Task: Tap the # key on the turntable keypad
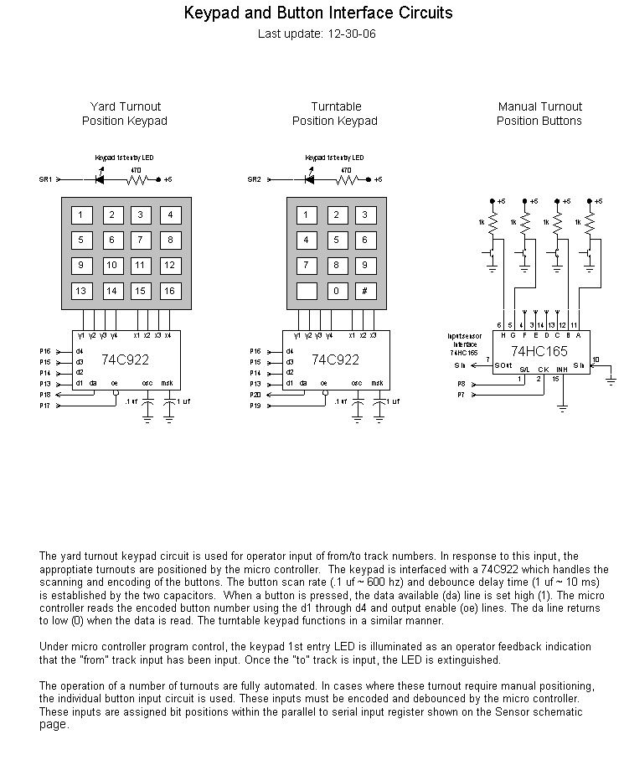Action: tap(365, 292)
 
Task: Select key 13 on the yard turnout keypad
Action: tap(80, 292)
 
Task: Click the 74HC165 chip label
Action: tap(540, 352)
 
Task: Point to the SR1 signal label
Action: tap(45, 179)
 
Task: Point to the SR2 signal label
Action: tap(255, 179)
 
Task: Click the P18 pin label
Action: tap(45, 394)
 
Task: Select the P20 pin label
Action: tap(255, 394)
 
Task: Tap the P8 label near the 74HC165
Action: tap(461, 384)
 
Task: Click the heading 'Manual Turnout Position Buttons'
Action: tap(539, 114)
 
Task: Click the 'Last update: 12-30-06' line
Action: tap(311, 34)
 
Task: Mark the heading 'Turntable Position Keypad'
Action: tap(335, 114)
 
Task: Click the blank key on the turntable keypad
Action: tap(306, 292)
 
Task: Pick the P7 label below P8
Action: tap(461, 394)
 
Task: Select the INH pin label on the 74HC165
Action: tap(561, 368)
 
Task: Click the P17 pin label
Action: tap(45, 405)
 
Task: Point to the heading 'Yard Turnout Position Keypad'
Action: tap(125, 114)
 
